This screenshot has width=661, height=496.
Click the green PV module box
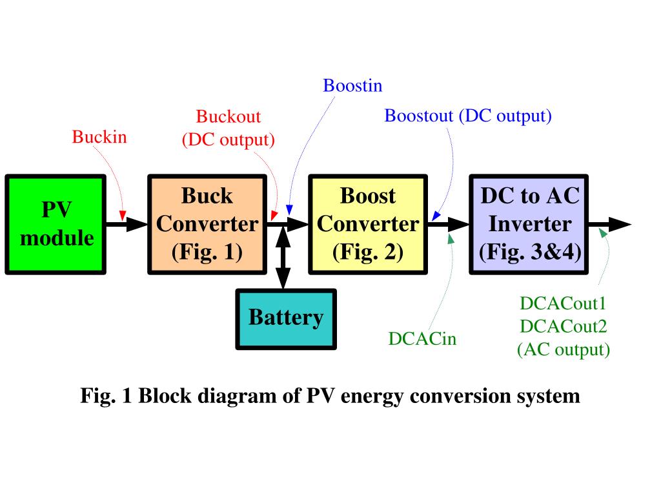56,225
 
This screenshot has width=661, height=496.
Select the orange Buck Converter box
207,225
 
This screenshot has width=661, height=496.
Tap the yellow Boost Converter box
368,225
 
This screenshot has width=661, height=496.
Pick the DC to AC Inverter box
529,225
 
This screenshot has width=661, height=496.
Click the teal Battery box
286,319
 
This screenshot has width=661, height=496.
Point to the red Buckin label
99,137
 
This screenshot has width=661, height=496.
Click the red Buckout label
229,116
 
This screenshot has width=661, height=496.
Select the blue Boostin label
352,86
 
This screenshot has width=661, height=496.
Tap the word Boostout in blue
418,116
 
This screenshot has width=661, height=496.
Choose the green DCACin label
422,338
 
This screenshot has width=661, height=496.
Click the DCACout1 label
563,304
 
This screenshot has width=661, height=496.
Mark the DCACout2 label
563,326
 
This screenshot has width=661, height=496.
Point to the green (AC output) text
564,349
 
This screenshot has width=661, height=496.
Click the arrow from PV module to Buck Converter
127,224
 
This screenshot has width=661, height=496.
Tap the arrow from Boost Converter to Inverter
449,224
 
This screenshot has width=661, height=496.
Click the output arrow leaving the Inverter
609,224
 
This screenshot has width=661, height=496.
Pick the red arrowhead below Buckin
123,216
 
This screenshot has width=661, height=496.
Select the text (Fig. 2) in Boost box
368,253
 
